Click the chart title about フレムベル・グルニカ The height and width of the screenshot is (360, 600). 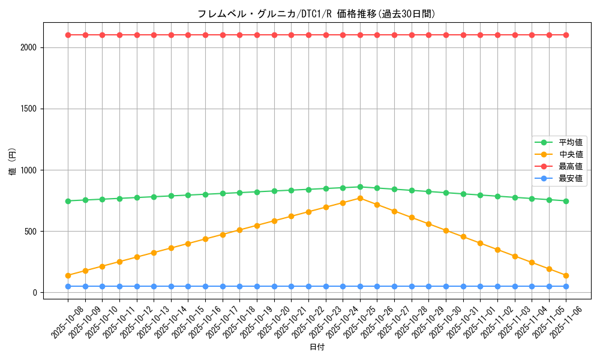pyautogui.click(x=316, y=14)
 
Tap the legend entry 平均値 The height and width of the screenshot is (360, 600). pyautogui.click(x=570, y=143)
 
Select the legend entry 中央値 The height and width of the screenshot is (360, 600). pyautogui.click(x=570, y=155)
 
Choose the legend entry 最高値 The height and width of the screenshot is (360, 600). pyautogui.click(x=570, y=167)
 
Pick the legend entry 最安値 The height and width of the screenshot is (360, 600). pyautogui.click(x=570, y=179)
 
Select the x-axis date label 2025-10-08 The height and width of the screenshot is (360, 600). pyautogui.click(x=66, y=323)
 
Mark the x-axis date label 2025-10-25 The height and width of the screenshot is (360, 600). pyautogui.click(x=358, y=323)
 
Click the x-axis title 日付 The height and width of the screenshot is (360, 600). pyautogui.click(x=316, y=347)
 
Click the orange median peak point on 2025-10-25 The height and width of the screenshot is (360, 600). pyautogui.click(x=360, y=198)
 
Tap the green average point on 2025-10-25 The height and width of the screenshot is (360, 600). pyautogui.click(x=360, y=187)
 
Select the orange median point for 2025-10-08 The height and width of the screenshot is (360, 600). pyautogui.click(x=68, y=275)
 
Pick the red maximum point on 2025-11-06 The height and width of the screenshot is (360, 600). pyautogui.click(x=566, y=35)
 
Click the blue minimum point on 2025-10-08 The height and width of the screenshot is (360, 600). pyautogui.click(x=68, y=286)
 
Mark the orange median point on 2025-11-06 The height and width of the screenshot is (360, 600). pyautogui.click(x=566, y=275)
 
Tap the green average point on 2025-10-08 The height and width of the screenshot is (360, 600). pyautogui.click(x=68, y=201)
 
